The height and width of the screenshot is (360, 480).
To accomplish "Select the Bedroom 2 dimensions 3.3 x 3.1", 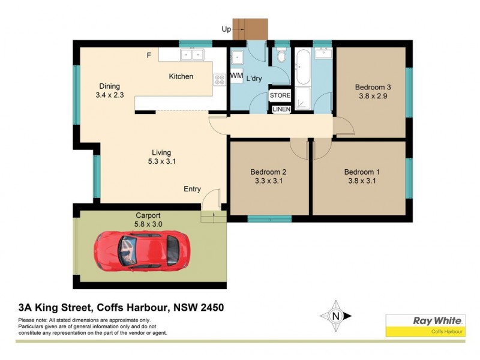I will coord(268,181).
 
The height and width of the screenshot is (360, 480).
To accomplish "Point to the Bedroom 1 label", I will coord(362,172).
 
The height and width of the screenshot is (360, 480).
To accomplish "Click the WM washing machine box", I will coord(236,77).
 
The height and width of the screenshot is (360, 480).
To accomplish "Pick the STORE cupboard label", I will coord(280,96).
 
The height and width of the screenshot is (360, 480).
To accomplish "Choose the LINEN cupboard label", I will coord(281,109).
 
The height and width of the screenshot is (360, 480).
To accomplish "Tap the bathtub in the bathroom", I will coord(302,67).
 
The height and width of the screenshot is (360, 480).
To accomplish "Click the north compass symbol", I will coord(336,316).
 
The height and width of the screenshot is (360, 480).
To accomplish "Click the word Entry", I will coord(192,189).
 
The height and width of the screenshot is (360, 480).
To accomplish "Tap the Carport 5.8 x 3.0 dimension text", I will coord(148,224).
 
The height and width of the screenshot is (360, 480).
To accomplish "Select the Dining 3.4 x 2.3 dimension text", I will coord(109,95).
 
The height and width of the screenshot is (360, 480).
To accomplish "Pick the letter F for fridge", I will coord(149,56).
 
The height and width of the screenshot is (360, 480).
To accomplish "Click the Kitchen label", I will coord(181,76).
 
